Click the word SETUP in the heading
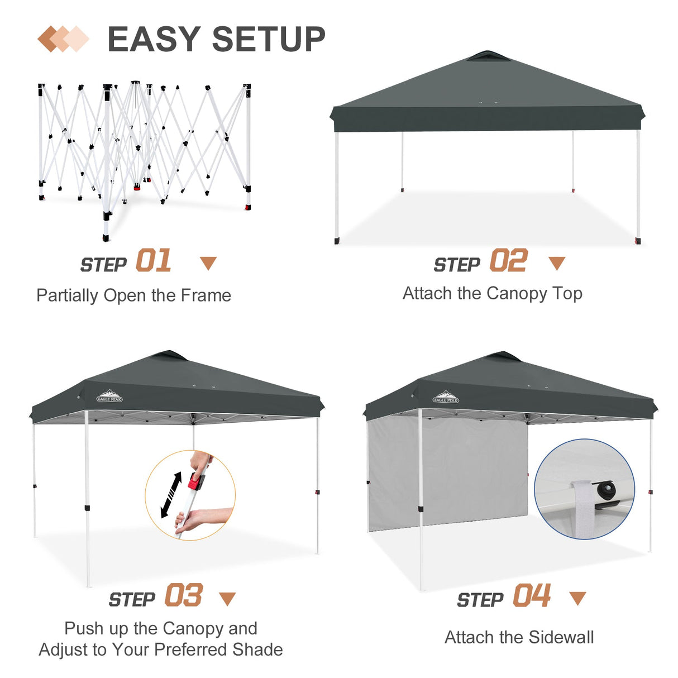coord(269,39)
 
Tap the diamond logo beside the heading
coord(63,39)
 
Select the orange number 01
coord(154,261)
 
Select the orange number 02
coord(508,261)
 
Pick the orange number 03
coord(183,595)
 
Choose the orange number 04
coord(532,595)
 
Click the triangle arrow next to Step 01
coord(208,263)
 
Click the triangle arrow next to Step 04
coord(577,598)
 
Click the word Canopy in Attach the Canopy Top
coord(517,294)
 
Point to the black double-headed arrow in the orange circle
coord(171,495)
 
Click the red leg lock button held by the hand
coord(195,481)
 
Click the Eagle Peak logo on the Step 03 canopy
coord(109,397)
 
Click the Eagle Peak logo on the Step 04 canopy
coord(446,398)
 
